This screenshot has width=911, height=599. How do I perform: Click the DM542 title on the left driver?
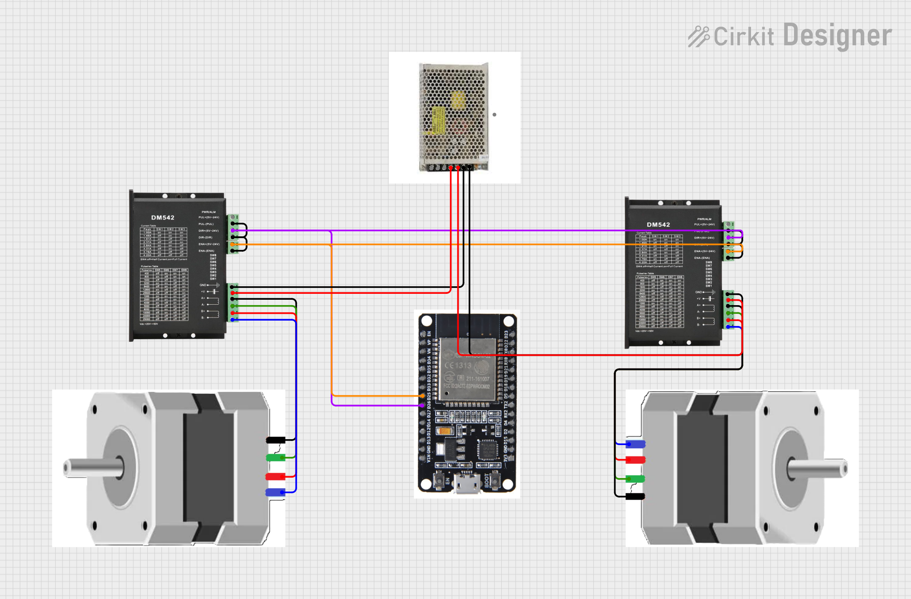pos(163,218)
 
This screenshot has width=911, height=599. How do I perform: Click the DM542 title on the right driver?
pos(658,225)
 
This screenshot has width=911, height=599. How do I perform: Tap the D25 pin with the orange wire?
pos(422,396)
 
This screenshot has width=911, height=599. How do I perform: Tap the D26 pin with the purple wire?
pos(422,405)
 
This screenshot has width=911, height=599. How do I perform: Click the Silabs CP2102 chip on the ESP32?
pos(488,449)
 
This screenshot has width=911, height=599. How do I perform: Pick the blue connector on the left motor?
pos(275,492)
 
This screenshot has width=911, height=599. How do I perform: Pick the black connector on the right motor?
pos(635,496)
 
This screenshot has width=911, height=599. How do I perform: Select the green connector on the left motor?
pos(275,458)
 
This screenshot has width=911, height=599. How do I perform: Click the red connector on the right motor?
pos(635,460)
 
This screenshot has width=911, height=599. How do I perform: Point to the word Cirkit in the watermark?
pos(744,37)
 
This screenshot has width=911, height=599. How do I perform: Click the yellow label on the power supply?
pos(438,120)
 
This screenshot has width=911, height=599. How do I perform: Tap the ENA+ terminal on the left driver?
pos(233,244)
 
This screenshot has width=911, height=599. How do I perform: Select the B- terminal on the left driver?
pos(233,319)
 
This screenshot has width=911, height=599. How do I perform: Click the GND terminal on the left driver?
pos(233,287)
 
